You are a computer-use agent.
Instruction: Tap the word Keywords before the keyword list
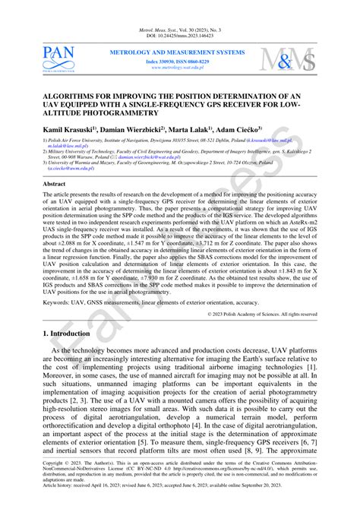61,302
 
